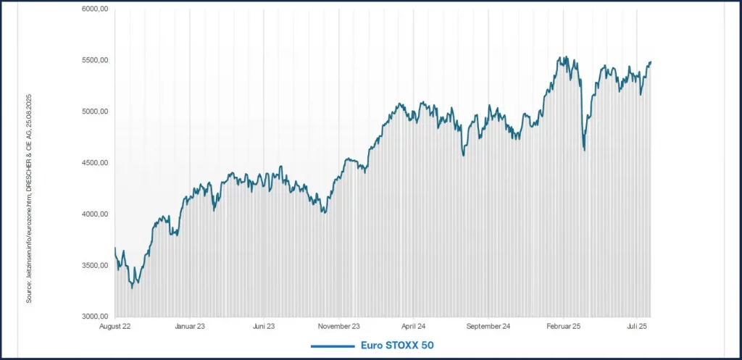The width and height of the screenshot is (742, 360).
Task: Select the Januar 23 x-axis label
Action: click(190, 327)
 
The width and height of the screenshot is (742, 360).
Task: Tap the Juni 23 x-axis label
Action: click(264, 327)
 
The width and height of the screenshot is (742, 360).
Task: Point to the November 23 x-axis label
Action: click(340, 327)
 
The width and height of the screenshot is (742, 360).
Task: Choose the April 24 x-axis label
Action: click(413, 327)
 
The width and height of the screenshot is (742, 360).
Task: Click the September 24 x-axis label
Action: click(488, 327)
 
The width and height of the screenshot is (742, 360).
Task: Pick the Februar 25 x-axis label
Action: click(563, 327)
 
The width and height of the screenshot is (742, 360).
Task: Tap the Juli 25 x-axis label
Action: click(638, 327)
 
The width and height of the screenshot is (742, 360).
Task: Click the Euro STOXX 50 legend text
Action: click(396, 346)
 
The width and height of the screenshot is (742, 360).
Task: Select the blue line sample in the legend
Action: click(332, 346)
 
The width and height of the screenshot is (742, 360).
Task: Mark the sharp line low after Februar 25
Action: click(584, 150)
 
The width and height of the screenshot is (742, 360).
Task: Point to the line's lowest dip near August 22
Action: click(132, 288)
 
